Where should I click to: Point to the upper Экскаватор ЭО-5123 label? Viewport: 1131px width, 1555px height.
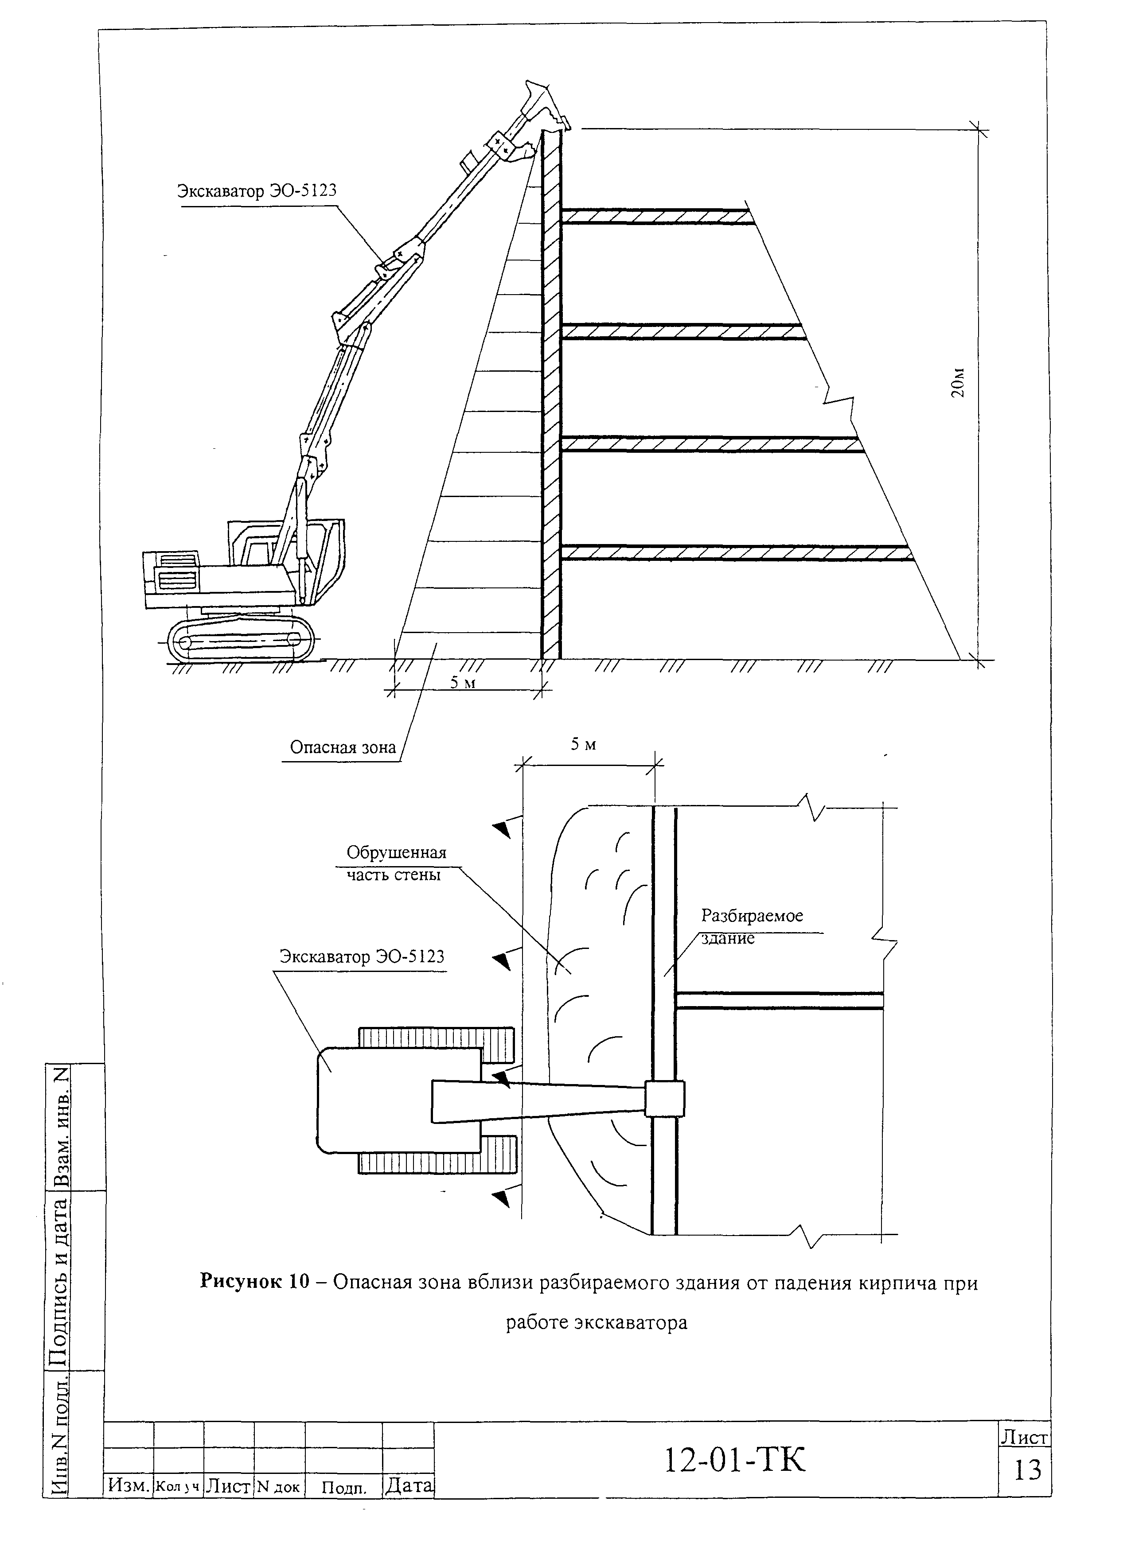coord(257,190)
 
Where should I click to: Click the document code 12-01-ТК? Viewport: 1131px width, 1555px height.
coord(734,1460)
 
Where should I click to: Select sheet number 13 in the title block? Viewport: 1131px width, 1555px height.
coord(1027,1470)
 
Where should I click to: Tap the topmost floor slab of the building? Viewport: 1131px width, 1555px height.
coord(655,216)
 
